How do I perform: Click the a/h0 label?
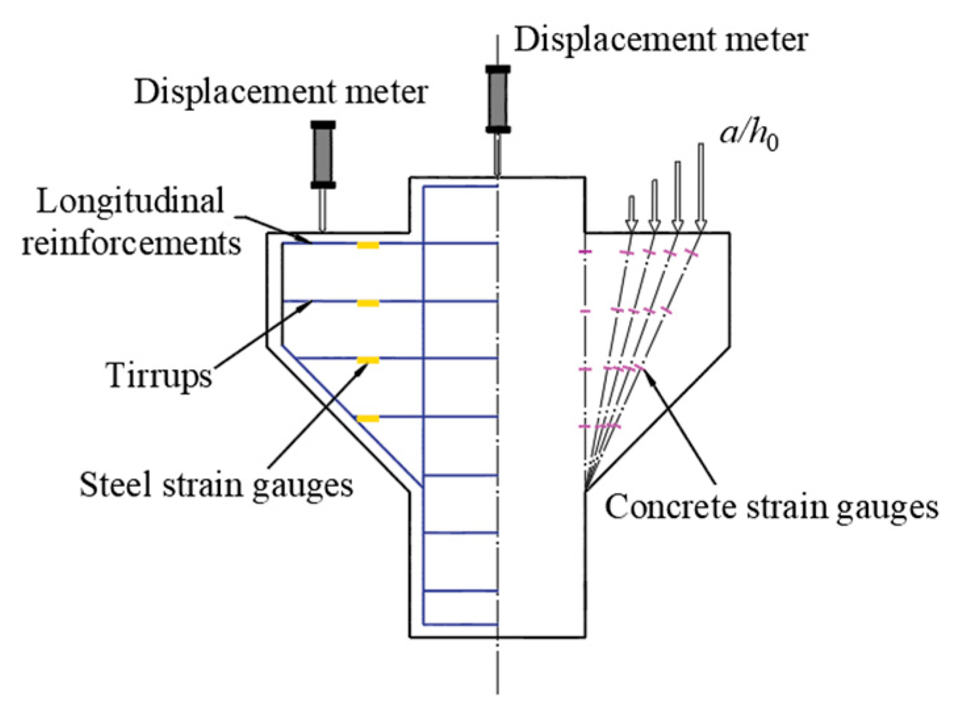click(x=749, y=135)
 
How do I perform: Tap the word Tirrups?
click(x=159, y=376)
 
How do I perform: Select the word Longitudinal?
click(x=130, y=201)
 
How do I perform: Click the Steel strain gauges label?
click(x=216, y=485)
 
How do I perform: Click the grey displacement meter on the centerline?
click(x=498, y=99)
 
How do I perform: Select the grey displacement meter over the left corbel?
click(x=323, y=155)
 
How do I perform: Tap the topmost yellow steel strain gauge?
click(x=368, y=245)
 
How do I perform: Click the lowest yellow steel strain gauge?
click(x=368, y=418)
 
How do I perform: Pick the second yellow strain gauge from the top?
click(x=368, y=303)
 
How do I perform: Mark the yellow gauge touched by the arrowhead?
click(x=368, y=360)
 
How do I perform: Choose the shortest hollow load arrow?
click(x=631, y=212)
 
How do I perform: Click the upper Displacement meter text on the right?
click(x=660, y=39)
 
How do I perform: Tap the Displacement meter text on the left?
click(x=281, y=92)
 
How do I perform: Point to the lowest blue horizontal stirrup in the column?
click(x=460, y=624)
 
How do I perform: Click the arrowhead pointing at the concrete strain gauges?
click(x=648, y=373)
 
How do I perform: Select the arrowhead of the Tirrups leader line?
click(x=308, y=304)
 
